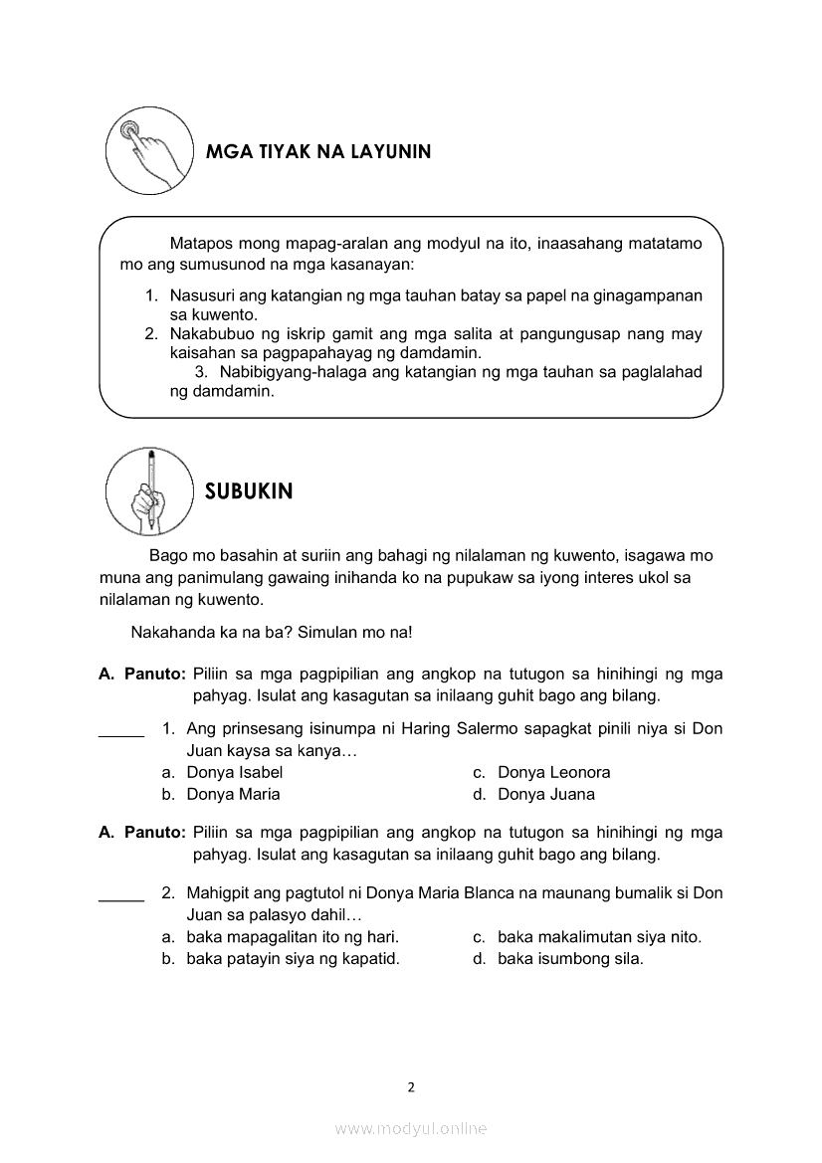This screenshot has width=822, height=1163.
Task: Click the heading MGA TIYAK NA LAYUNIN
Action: click(317, 153)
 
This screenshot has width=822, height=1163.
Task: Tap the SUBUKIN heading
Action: click(249, 491)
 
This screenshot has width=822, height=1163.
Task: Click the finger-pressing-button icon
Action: click(149, 150)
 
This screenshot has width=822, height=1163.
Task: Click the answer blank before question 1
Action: click(121, 735)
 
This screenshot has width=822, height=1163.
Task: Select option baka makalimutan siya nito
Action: click(599, 936)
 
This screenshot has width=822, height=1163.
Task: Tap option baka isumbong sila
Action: click(570, 959)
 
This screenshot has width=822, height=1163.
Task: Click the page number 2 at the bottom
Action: click(411, 1087)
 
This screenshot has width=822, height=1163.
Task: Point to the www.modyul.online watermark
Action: click(411, 1128)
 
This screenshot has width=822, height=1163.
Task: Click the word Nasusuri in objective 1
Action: click(204, 295)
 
